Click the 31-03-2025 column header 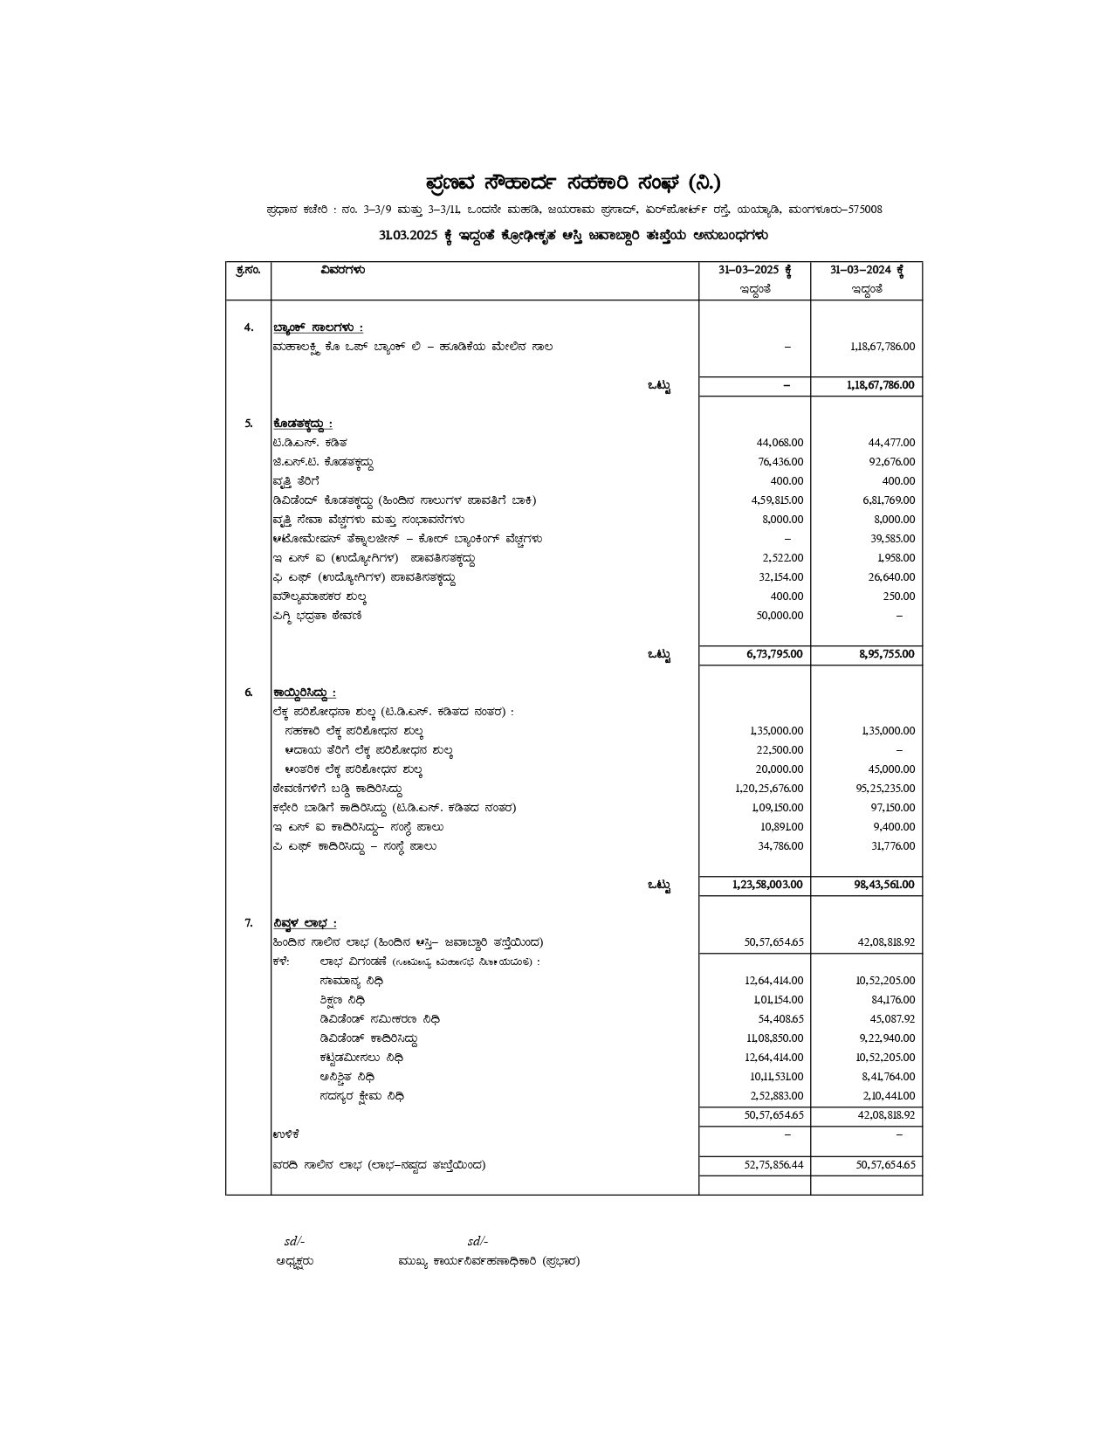(754, 270)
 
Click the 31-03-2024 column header (866, 270)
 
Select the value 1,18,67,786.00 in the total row (881, 385)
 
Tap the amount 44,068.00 (780, 443)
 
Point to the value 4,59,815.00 (777, 500)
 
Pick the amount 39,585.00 (891, 539)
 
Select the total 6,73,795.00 (774, 654)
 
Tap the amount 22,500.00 (780, 750)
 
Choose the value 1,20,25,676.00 (769, 789)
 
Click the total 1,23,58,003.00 (767, 885)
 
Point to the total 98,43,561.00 (884, 885)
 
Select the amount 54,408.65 (780, 1019)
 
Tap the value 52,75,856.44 (773, 1165)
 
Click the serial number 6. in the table (249, 693)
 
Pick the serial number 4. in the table (249, 327)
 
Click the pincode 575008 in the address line (865, 210)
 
